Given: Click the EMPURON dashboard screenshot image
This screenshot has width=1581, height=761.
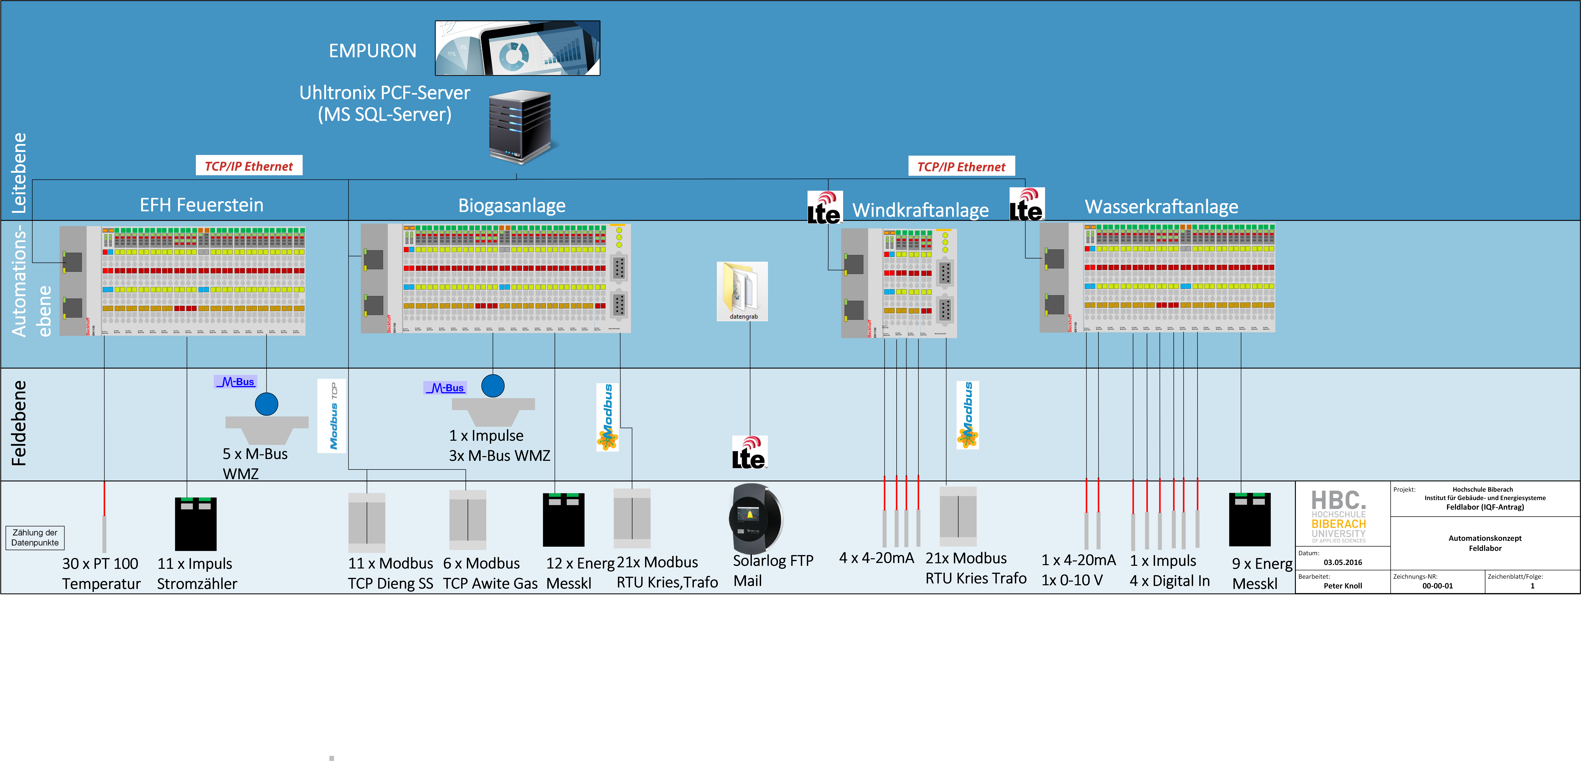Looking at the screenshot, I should pos(517,48).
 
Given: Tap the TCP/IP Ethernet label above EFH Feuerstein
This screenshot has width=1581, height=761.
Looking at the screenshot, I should pos(249,166).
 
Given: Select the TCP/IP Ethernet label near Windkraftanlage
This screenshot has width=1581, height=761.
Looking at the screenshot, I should pos(961,166).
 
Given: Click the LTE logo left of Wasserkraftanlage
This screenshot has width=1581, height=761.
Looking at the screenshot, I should pos(1026,204).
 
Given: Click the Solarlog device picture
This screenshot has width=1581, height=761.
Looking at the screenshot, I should pos(755,519).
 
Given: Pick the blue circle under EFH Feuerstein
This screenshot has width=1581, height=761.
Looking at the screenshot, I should pos(266,404).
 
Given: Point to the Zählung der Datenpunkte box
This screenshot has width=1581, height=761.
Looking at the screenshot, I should pos(35,538).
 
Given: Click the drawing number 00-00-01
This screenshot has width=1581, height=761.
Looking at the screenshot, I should pos(1437,585).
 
